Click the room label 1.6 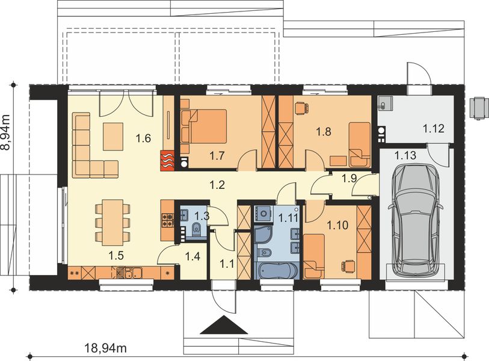[144, 138]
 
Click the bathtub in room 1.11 [277, 270]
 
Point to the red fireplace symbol [168, 160]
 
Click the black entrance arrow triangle [224, 325]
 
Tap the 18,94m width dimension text [105, 347]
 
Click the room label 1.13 [405, 155]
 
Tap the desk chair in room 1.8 [301, 108]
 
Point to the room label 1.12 [434, 128]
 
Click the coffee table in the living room [113, 137]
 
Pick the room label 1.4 [192, 256]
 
